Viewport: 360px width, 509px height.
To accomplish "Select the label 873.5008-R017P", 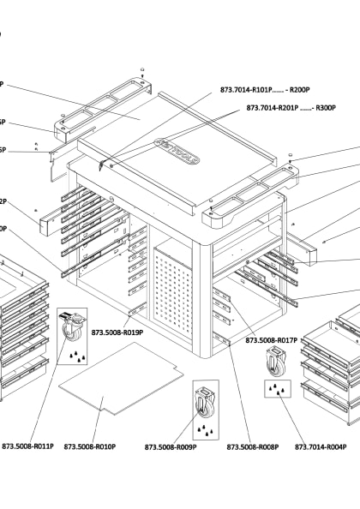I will [271, 340].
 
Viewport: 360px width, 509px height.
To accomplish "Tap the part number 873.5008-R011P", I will [28, 446].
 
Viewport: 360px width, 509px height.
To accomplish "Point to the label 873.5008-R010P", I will [89, 446].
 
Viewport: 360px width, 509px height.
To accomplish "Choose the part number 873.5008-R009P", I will [171, 446].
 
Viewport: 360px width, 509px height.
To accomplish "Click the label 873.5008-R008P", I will [253, 446].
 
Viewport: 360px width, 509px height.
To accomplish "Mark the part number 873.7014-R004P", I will [321, 446].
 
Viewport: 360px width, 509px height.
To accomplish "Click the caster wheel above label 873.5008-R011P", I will [71, 326].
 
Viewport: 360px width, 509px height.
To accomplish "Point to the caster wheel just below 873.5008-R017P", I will [275, 363].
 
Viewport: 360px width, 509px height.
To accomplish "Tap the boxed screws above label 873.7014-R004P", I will [279, 390].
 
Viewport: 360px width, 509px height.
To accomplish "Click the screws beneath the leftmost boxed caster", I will [75, 355].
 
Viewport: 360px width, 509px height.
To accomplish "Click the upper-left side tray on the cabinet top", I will [103, 107].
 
